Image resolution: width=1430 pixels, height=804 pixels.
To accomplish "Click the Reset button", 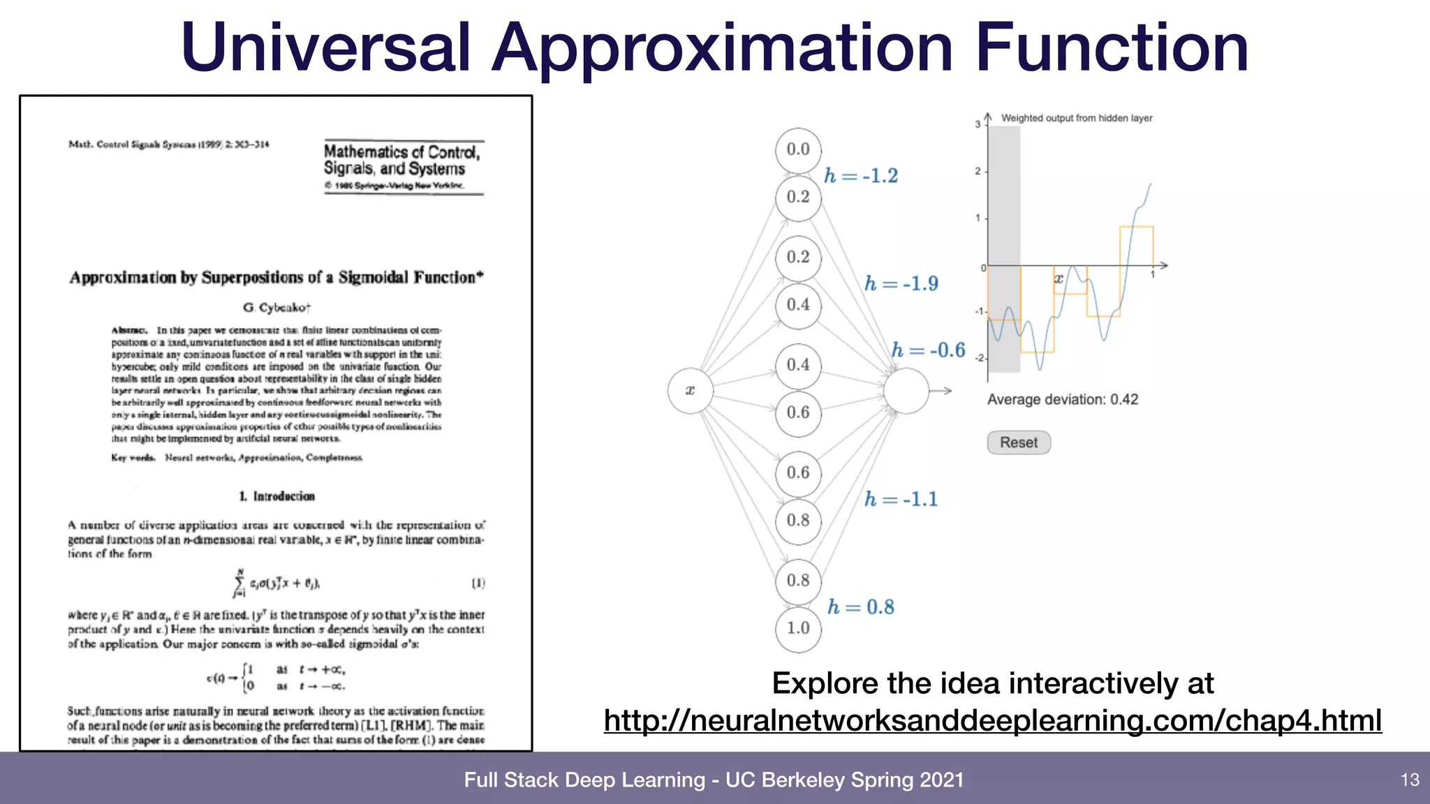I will pos(1018,442).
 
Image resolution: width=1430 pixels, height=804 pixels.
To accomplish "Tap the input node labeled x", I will pos(690,391).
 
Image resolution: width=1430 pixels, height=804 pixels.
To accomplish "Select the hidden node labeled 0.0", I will pos(798,149).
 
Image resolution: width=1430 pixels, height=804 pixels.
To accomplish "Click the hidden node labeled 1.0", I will pos(798,628).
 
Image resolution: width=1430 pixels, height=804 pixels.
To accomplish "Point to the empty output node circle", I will pos(906,391).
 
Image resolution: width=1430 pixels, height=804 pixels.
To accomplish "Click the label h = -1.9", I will pos(901,283).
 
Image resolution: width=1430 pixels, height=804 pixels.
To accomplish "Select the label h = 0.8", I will pos(861,607).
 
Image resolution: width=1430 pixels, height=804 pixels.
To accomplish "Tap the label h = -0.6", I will pos(928,350).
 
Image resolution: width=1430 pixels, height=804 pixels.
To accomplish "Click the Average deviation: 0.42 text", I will pos(1062,400).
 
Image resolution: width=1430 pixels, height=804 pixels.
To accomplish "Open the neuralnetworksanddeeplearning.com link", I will pos(992,720).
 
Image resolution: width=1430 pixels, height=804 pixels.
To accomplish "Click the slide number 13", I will pos(1410,780).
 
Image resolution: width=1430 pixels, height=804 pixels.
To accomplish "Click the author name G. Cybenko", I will pos(277,308).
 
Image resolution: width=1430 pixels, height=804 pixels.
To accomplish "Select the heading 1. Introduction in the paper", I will pos(277,496).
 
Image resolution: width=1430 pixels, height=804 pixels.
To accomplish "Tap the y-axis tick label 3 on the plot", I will pos(978,124).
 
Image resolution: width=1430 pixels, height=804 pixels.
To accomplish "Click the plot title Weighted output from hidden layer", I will pos(1076,118).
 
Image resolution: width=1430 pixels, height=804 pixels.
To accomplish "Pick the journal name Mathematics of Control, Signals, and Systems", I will pos(401,161).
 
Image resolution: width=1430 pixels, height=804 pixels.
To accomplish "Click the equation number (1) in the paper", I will pos(478,583).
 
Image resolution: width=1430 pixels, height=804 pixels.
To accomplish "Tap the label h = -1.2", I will pos(861,176).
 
